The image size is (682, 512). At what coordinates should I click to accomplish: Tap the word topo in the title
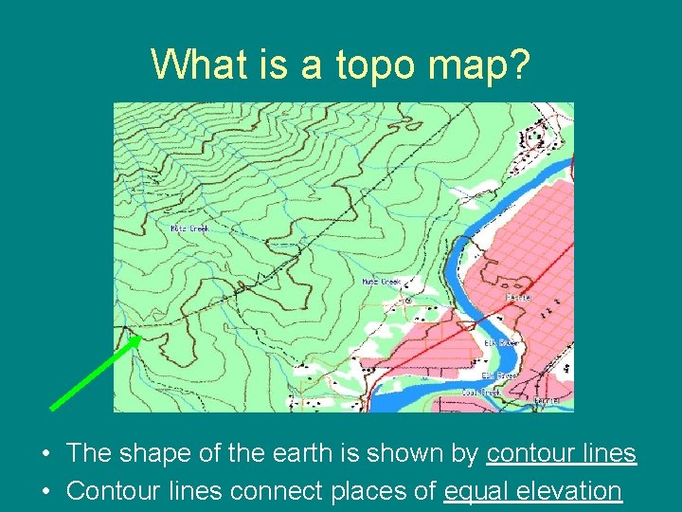tap(353, 64)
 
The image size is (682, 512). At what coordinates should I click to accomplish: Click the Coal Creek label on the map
tap(481, 392)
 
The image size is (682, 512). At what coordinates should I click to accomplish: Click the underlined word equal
tap(473, 491)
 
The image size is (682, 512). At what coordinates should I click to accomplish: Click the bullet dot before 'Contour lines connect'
tap(46, 492)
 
